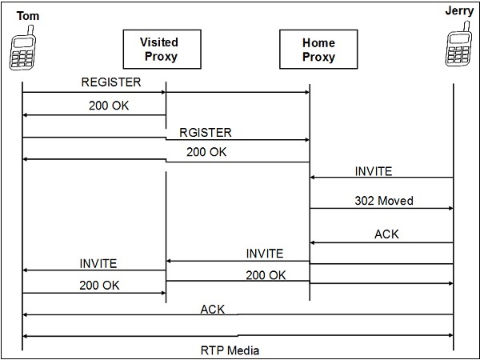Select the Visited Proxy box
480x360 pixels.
point(158,49)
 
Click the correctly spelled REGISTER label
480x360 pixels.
point(110,82)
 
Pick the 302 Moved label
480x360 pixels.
point(383,201)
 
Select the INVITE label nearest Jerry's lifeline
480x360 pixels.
point(374,171)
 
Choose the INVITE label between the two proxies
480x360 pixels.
point(264,254)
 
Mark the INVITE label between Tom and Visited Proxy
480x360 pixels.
point(98,263)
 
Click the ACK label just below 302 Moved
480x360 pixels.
point(386,234)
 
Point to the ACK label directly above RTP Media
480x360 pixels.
point(212,309)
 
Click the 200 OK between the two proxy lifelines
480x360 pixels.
point(266,274)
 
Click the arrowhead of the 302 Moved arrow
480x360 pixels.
point(450,209)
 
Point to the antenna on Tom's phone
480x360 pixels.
point(30,30)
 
